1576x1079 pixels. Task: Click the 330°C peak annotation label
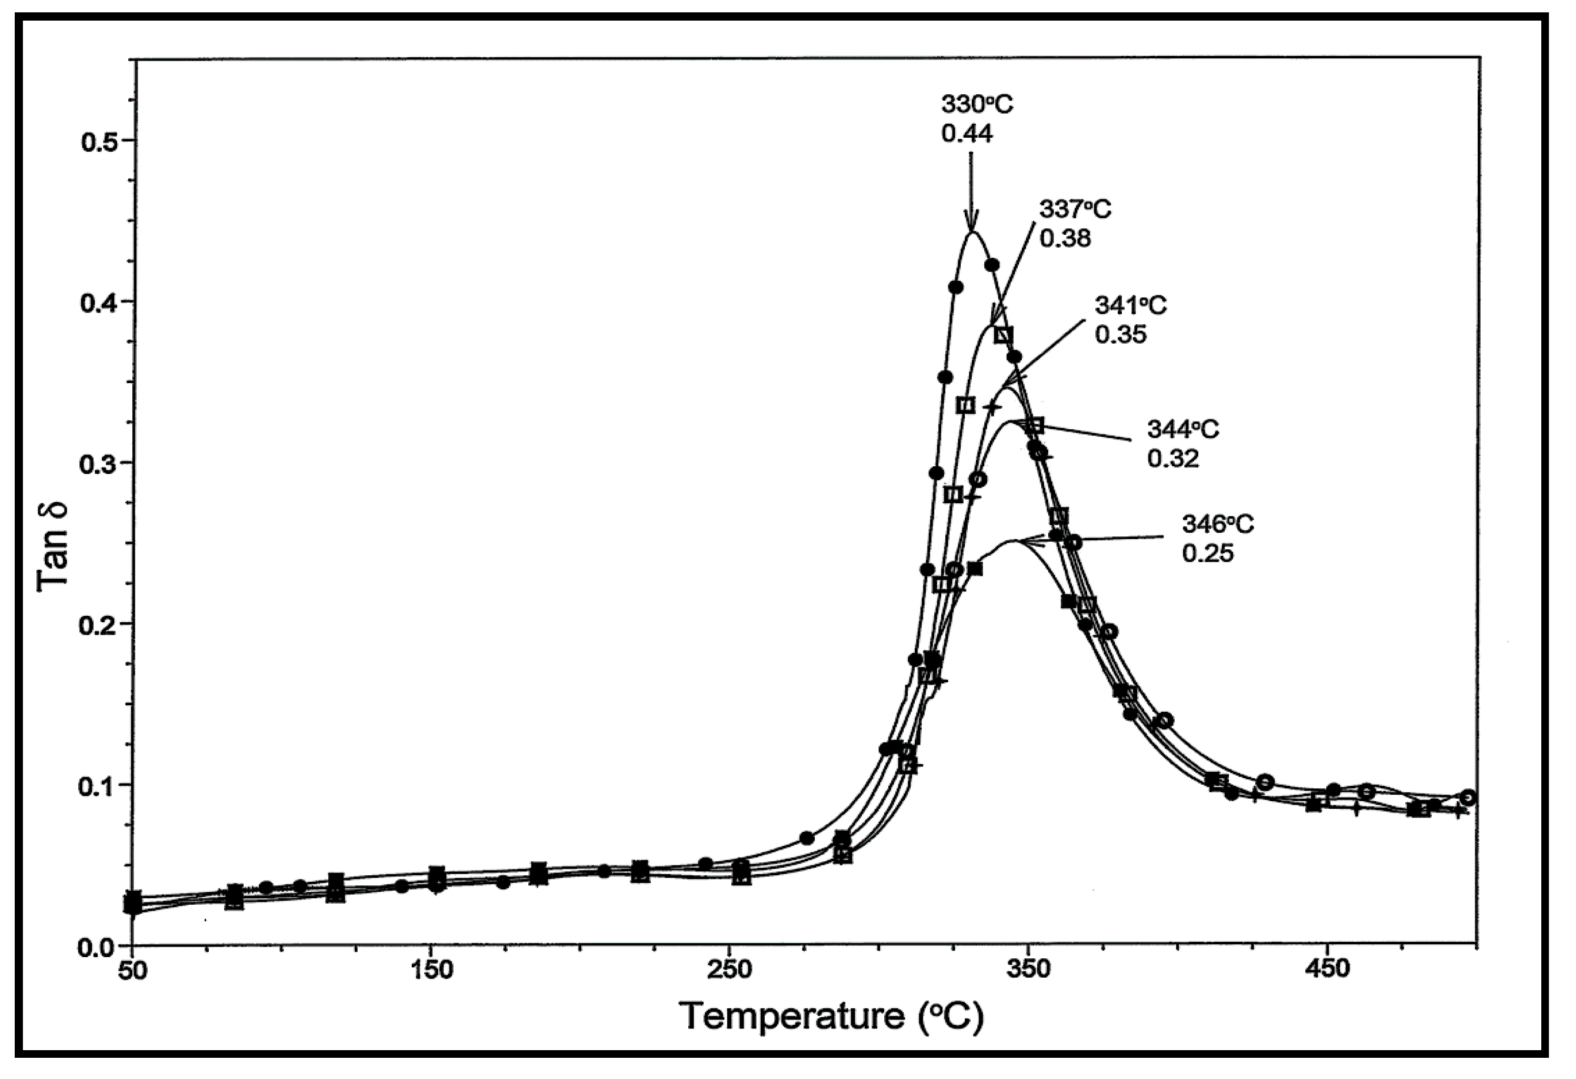point(977,105)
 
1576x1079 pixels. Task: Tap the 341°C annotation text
point(1131,306)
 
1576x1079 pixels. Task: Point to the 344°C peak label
point(1182,429)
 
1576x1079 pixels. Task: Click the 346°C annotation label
point(1218,524)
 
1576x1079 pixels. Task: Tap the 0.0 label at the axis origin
point(101,947)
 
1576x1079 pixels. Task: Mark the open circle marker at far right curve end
point(1468,798)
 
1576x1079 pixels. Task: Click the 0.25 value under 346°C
point(1208,553)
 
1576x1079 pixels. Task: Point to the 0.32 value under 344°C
point(1172,459)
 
